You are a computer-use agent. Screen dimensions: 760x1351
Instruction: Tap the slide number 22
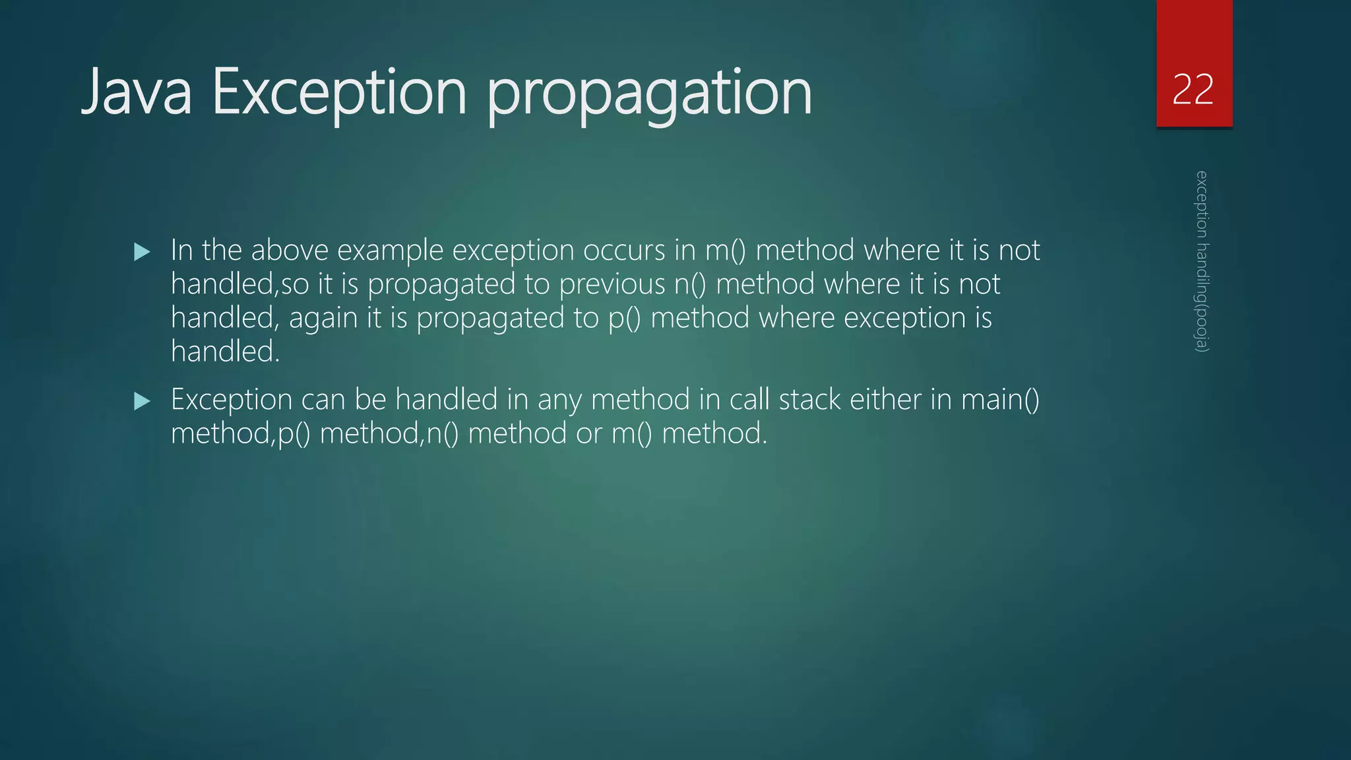[1193, 90]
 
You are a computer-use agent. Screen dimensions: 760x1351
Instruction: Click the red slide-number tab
[1194, 40]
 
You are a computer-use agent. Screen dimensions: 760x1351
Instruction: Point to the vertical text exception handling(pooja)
[1202, 261]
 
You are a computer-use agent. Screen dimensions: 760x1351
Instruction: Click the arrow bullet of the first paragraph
[142, 251]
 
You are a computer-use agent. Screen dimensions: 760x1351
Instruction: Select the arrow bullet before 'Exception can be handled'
[142, 400]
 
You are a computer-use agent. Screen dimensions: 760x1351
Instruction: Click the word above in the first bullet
[290, 250]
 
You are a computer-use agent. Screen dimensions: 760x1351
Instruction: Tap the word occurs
[624, 250]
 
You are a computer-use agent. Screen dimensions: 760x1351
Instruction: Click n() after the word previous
[690, 284]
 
